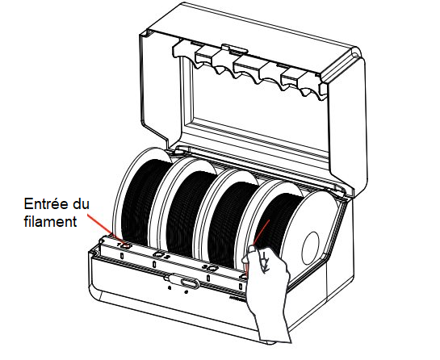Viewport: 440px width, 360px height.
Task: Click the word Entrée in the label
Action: point(47,203)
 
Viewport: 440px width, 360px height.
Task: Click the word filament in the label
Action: point(50,221)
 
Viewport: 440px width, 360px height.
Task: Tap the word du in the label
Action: point(81,203)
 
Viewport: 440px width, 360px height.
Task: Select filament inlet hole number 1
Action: point(126,246)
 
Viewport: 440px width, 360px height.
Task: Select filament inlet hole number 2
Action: point(158,254)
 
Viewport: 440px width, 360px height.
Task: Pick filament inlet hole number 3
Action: point(212,269)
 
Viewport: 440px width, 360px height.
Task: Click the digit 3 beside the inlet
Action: point(205,266)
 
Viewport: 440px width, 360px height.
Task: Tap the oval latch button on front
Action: point(191,283)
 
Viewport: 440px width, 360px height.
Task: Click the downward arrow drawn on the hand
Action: point(264,262)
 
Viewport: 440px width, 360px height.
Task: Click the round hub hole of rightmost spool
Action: point(310,248)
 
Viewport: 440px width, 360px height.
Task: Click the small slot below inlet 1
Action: point(122,256)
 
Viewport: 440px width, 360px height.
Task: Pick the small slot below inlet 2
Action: point(153,264)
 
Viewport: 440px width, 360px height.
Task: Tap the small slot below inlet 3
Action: point(208,278)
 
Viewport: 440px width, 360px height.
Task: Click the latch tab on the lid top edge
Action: point(234,49)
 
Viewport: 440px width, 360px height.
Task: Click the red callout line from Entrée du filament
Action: point(104,228)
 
